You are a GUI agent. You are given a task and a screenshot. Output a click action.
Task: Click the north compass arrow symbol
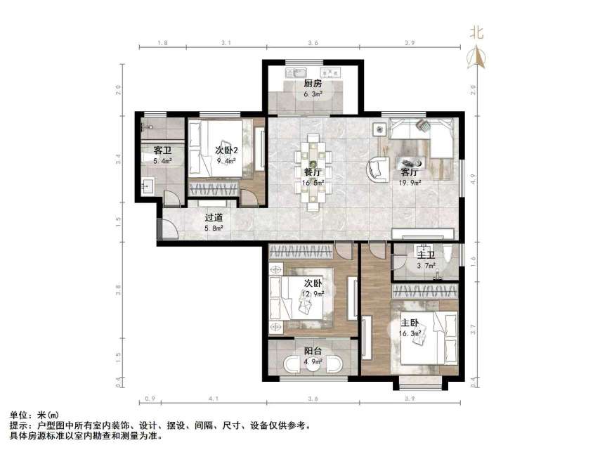coord(477,57)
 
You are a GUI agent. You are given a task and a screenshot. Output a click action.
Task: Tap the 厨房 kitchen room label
coord(313,83)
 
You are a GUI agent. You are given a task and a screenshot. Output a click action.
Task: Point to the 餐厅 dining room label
coord(313,172)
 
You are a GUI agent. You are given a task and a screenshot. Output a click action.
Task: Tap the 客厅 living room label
coord(410,172)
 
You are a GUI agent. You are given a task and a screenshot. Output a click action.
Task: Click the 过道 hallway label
coord(214,217)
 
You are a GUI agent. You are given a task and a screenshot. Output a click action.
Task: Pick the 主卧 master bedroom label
coord(410,322)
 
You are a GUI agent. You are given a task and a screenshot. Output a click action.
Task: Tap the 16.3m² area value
coord(410,333)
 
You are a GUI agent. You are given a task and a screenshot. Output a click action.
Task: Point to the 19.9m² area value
coord(410,183)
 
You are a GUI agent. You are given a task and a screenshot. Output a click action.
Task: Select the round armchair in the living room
coord(377,169)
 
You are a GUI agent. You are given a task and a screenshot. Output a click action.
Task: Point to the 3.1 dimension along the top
coord(226,44)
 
